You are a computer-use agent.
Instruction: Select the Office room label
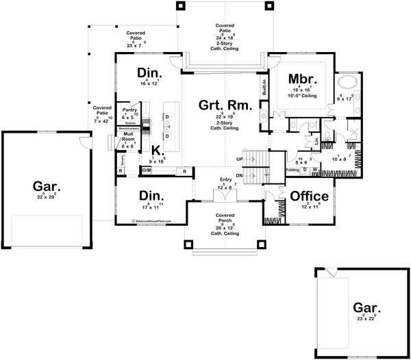click(x=309, y=196)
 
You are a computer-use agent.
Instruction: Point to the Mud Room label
click(x=127, y=137)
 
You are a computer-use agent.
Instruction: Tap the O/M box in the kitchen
click(x=147, y=169)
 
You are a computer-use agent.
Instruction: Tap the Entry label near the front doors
click(x=225, y=179)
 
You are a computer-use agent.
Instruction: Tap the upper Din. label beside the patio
click(x=148, y=73)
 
